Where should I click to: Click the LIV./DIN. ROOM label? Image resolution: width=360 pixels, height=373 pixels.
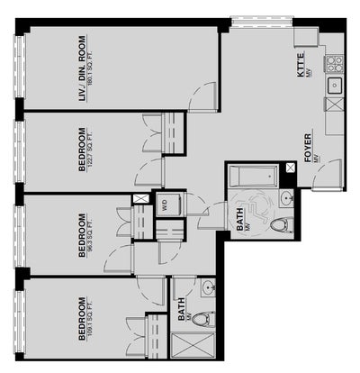pyautogui.click(x=82, y=68)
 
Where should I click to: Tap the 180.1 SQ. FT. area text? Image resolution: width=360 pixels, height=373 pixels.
pyautogui.click(x=91, y=68)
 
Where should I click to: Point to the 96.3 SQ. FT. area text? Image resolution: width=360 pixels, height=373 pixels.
pyautogui.click(x=91, y=232)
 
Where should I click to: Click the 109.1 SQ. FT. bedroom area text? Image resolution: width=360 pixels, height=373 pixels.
pyautogui.click(x=91, y=319)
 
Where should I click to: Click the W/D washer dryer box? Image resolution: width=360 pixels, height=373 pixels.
pyautogui.click(x=165, y=204)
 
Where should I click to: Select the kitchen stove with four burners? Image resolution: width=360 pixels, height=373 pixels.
pyautogui.click(x=334, y=63)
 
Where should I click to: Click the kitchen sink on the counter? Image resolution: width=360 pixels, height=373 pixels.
pyautogui.click(x=334, y=86)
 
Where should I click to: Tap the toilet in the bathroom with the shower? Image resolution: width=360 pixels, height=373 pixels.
pyautogui.click(x=205, y=318)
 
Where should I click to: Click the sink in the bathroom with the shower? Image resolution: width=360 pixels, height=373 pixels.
pyautogui.click(x=208, y=289)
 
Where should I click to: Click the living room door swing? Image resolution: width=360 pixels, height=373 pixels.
pyautogui.click(x=203, y=94)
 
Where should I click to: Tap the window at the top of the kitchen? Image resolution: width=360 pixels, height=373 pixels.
pyautogui.click(x=261, y=19)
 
